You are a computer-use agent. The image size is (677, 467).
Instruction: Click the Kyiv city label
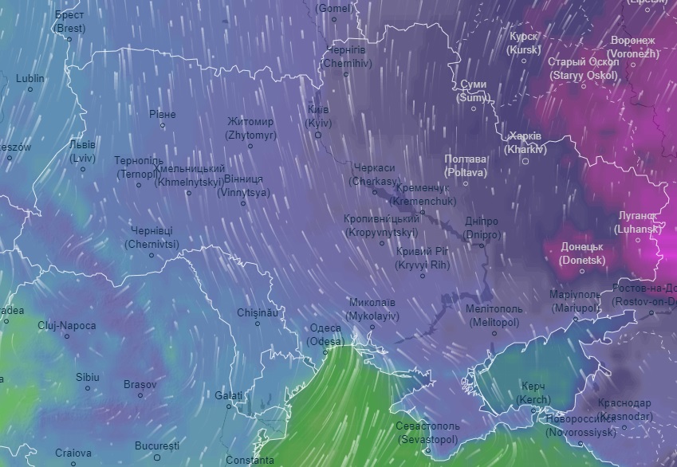pyautogui.click(x=318, y=116)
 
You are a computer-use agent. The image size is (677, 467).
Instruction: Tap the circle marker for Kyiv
pyautogui.click(x=318, y=135)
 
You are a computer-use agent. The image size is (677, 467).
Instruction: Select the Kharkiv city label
pyautogui.click(x=525, y=142)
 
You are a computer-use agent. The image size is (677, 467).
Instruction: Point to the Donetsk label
pyautogui.click(x=582, y=253)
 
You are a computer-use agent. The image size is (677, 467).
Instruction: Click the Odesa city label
pyautogui.click(x=325, y=335)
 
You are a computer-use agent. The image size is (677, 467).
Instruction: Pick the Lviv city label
pyautogui.click(x=82, y=151)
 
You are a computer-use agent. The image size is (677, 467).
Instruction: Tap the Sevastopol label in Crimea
pyautogui.click(x=427, y=433)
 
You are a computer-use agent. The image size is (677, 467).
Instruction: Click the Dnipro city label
pyautogui.click(x=481, y=228)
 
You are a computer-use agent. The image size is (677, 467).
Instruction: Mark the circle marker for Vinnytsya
pyautogui.click(x=244, y=204)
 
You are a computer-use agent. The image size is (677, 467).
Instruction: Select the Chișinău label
pyautogui.click(x=258, y=313)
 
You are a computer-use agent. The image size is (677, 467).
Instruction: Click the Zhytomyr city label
pyautogui.click(x=250, y=128)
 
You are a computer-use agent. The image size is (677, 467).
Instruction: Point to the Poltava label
pyautogui.click(x=465, y=165)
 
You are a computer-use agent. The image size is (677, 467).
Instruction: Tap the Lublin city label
pyautogui.click(x=30, y=79)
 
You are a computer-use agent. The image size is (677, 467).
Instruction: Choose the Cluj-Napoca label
pyautogui.click(x=67, y=326)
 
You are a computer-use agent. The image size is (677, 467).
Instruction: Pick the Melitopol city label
pyautogui.click(x=494, y=315)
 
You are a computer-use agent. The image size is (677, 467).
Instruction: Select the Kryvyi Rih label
pyautogui.click(x=423, y=257)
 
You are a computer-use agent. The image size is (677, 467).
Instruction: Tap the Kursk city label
pyautogui.click(x=524, y=43)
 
